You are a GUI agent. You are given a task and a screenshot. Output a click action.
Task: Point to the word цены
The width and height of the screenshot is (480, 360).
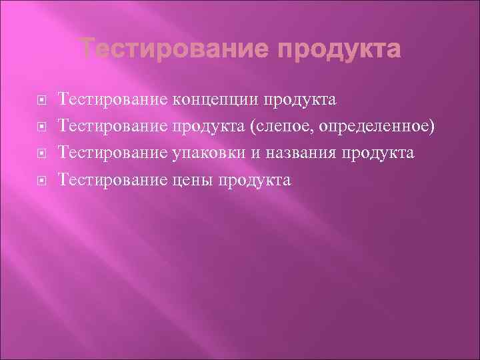click(193, 180)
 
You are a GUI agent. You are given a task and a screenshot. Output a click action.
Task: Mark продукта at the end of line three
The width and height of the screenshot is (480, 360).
click(378, 154)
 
